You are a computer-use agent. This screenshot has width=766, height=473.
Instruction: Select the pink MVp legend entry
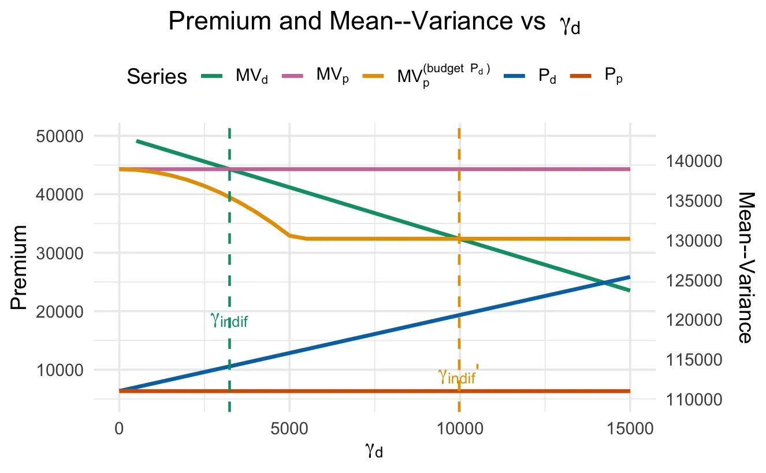315,76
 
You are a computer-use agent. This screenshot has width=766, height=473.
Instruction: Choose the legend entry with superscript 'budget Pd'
427,76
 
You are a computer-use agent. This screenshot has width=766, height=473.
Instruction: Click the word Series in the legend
157,77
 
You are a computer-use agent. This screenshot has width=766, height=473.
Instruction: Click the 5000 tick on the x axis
289,430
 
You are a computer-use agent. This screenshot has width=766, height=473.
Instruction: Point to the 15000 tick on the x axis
630,430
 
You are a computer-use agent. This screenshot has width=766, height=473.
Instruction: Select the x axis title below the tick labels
374,451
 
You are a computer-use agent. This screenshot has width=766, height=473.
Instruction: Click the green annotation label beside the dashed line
229,320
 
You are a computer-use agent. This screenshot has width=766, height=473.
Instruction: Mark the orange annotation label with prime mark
458,377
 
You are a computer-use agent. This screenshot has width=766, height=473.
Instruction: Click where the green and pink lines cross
229,169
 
